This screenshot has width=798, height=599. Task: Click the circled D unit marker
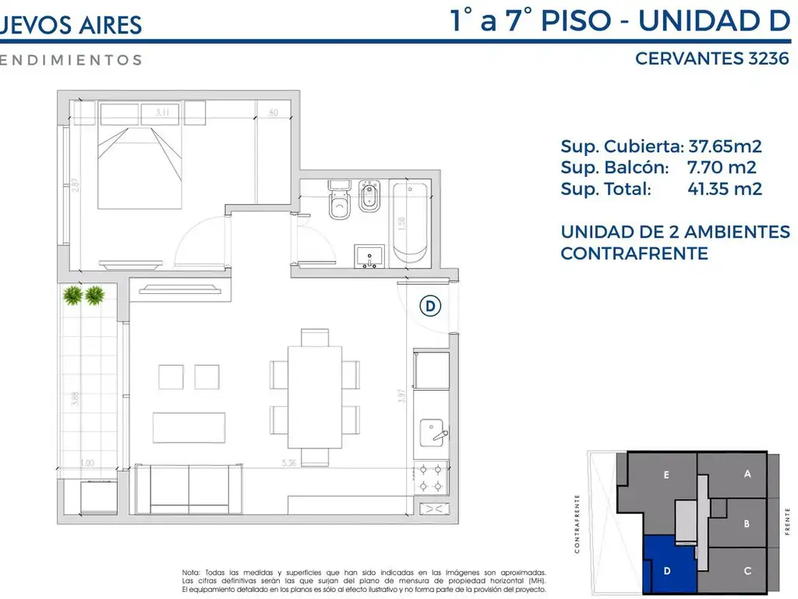[x=430, y=307]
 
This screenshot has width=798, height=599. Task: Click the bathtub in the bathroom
[x=408, y=223]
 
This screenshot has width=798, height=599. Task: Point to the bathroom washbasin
[x=369, y=256]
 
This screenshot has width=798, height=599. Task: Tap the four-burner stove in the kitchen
[x=431, y=477]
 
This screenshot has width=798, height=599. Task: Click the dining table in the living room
[x=315, y=395]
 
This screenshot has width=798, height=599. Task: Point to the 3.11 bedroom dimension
[x=163, y=113]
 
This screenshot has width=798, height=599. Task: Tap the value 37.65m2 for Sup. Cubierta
[x=725, y=146]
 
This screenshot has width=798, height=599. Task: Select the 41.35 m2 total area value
[x=725, y=188]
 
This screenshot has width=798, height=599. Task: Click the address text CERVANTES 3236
[x=712, y=58]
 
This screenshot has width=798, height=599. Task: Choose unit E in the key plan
[x=666, y=474]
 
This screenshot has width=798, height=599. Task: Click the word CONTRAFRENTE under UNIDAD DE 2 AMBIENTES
[x=634, y=253]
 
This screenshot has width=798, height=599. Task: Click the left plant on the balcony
[x=72, y=295]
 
